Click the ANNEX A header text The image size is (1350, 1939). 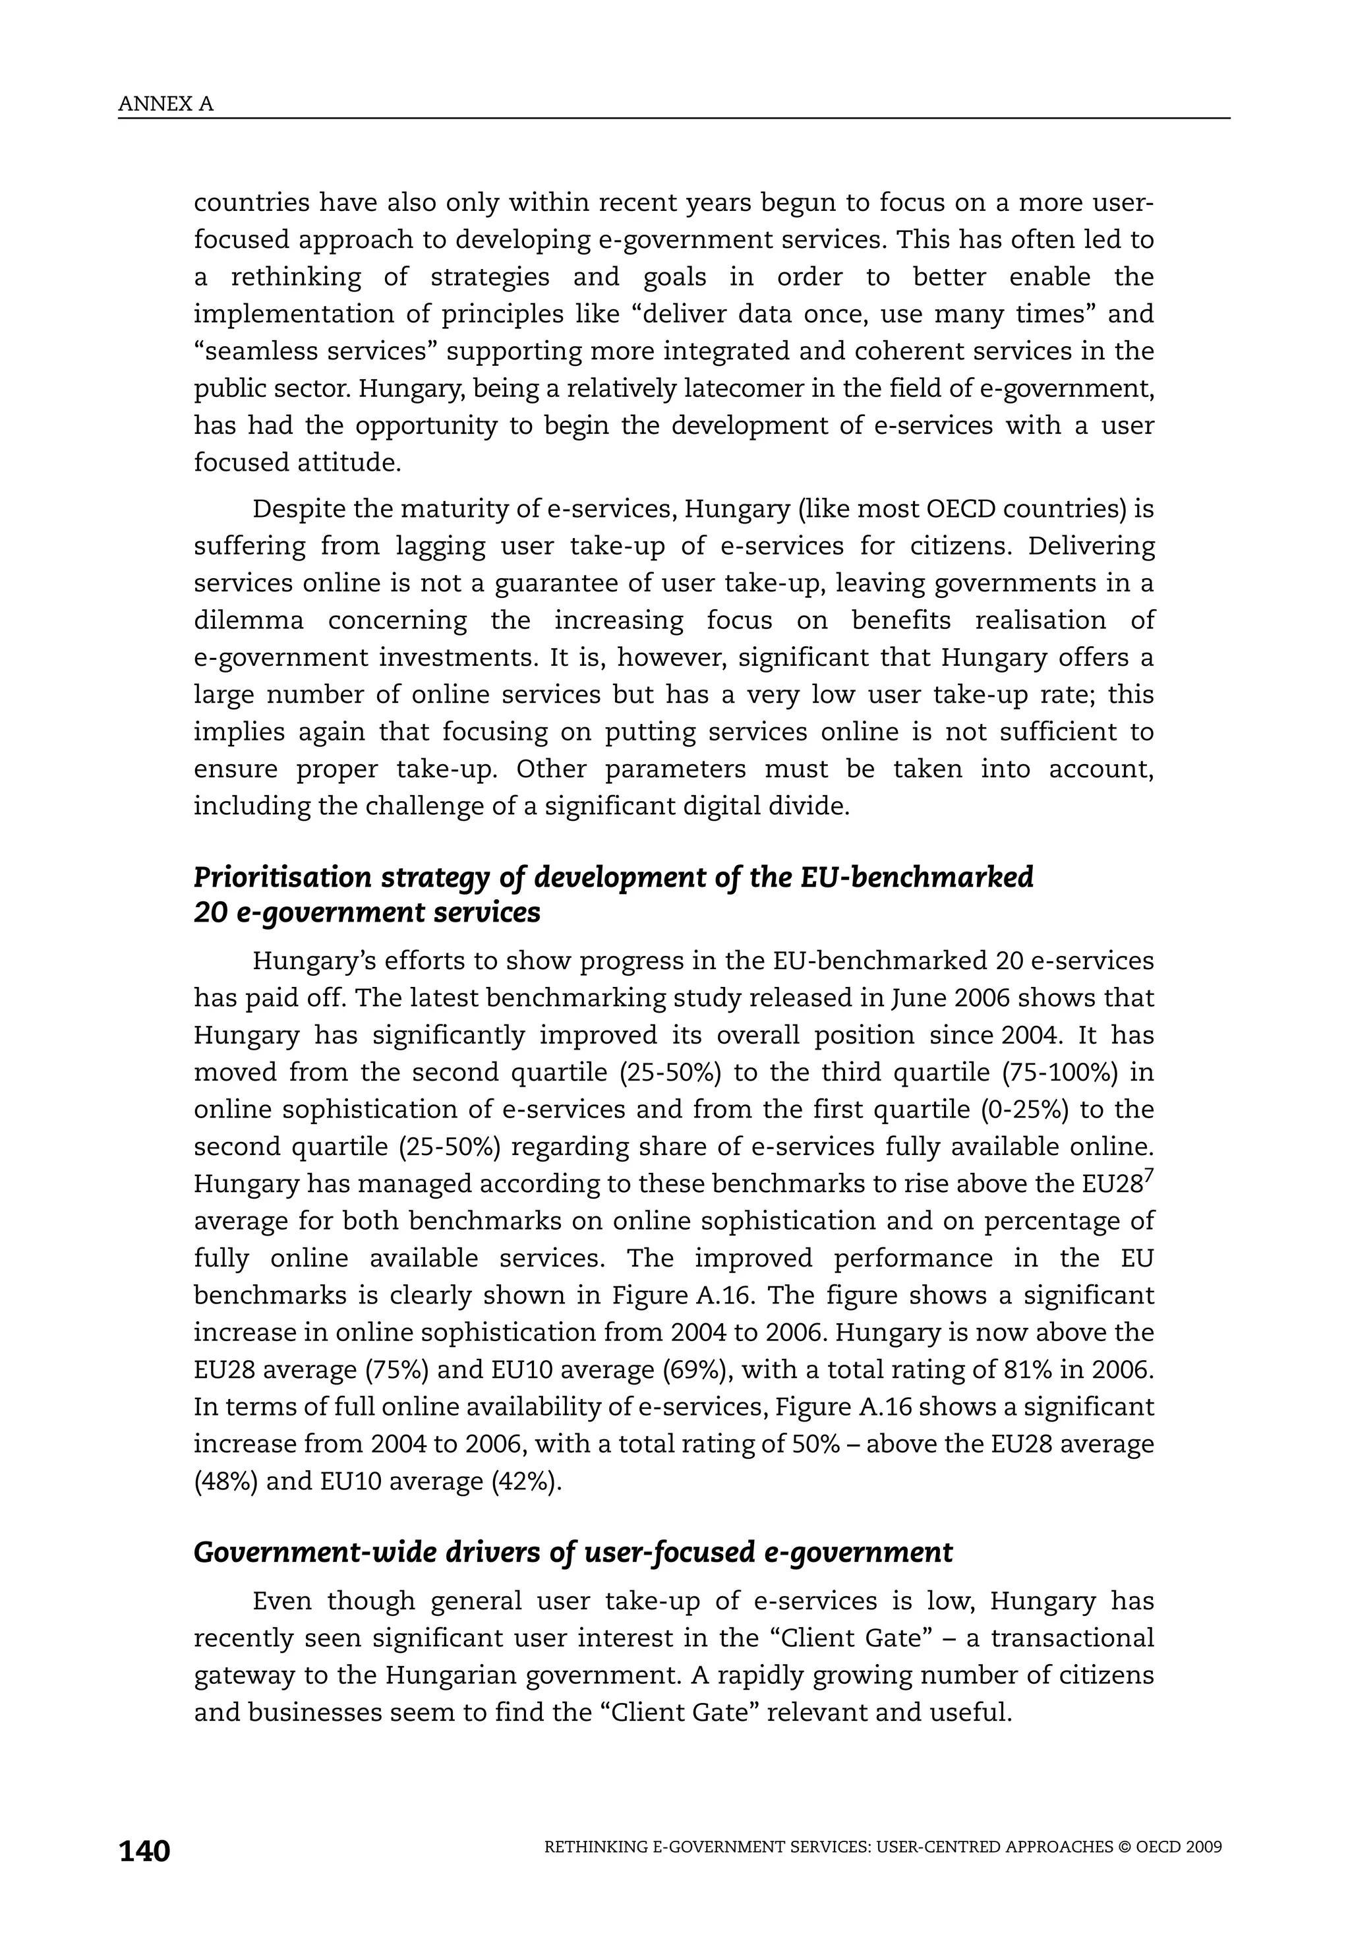[165, 104]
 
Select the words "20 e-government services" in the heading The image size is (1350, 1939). [367, 914]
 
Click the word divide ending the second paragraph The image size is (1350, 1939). [811, 806]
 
